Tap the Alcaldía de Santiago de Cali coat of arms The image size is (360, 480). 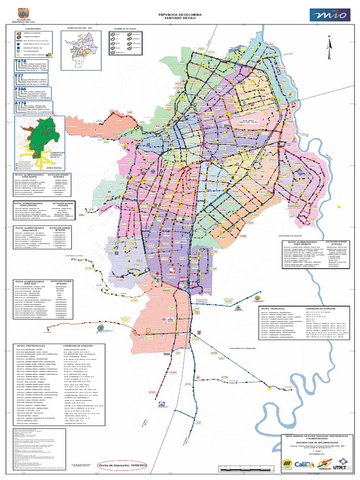pyautogui.click(x=24, y=13)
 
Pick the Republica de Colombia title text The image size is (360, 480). pyautogui.click(x=180, y=15)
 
